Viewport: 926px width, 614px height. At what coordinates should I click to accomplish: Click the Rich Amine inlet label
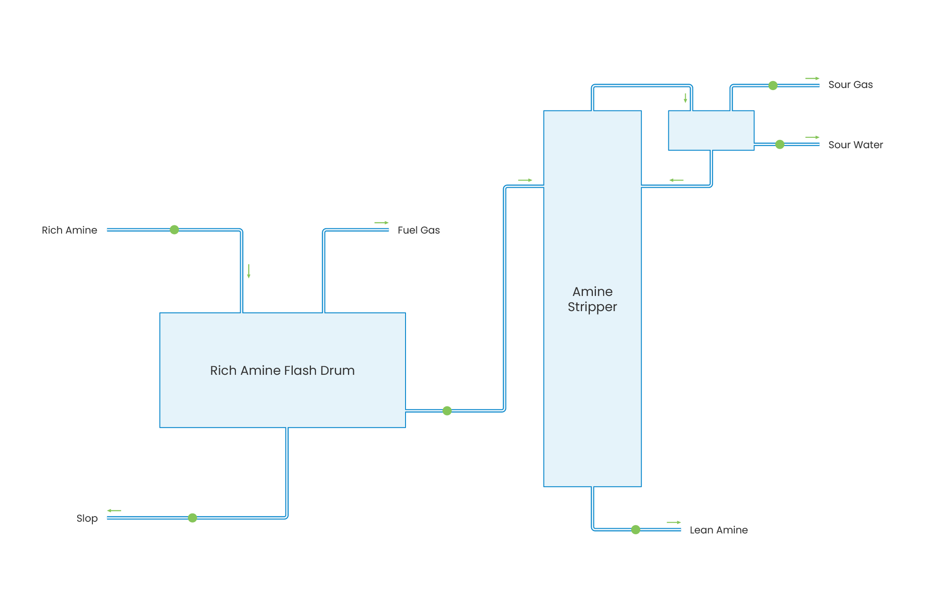pos(69,230)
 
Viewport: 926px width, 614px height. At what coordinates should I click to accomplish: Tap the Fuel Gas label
pos(419,230)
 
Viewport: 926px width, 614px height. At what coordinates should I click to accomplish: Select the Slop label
pos(87,518)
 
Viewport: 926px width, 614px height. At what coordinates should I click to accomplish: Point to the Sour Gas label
pos(850,84)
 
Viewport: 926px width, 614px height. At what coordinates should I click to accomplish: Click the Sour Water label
pos(855,145)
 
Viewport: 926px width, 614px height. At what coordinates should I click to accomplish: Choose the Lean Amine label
pos(718,530)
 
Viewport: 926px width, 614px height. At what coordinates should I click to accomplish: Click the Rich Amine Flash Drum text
pos(282,370)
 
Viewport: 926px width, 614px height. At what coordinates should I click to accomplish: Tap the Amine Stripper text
pos(592,299)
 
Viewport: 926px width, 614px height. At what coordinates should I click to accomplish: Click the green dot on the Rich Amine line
pos(174,230)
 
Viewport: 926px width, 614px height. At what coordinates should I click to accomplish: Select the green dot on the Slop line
pos(193,518)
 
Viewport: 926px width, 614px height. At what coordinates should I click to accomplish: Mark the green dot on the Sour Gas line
pos(773,85)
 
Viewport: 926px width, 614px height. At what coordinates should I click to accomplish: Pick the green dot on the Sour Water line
pos(780,144)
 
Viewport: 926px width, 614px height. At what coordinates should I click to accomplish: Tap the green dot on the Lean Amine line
pos(636,530)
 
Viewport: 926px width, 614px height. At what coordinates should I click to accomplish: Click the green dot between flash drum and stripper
pos(447,411)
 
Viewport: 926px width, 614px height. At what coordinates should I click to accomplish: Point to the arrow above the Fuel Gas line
pos(382,223)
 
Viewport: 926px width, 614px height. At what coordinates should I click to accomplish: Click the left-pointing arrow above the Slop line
pos(114,510)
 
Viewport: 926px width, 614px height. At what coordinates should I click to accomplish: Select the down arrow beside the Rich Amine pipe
pos(249,271)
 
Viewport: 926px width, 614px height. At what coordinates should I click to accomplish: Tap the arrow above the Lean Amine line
pos(674,522)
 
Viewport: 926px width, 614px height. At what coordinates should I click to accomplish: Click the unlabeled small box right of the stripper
pos(711,130)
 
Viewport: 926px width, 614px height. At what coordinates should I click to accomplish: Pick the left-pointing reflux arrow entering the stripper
pos(676,180)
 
